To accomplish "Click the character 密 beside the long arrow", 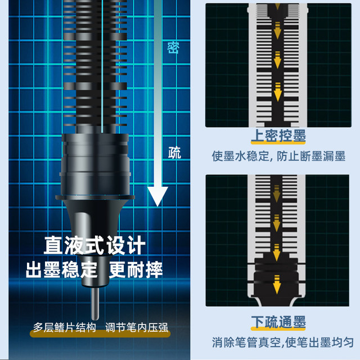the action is click(x=173, y=48).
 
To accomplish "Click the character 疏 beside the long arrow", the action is click(x=174, y=152).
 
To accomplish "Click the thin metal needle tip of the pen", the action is click(x=95, y=303).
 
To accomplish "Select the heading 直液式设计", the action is click(x=94, y=245).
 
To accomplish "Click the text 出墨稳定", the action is click(x=61, y=269).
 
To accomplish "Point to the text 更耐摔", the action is click(x=136, y=269).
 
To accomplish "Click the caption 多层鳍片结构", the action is click(x=65, y=327).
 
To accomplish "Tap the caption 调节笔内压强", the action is click(x=137, y=327).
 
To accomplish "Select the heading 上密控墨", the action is click(x=278, y=136).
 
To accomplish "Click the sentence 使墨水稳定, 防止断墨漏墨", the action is click(x=278, y=156).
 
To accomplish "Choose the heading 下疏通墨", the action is click(x=278, y=322).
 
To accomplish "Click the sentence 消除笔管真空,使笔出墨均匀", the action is click(x=282, y=343).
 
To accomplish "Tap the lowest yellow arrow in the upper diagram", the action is click(x=278, y=92).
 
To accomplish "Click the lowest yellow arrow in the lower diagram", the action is click(x=277, y=284).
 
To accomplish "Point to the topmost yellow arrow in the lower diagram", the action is click(x=277, y=193).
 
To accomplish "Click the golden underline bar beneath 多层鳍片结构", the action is click(x=100, y=334).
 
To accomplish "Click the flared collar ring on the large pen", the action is click(x=95, y=197).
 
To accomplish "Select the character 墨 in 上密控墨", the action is click(x=299, y=136).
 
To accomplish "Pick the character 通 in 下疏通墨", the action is click(x=285, y=322).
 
